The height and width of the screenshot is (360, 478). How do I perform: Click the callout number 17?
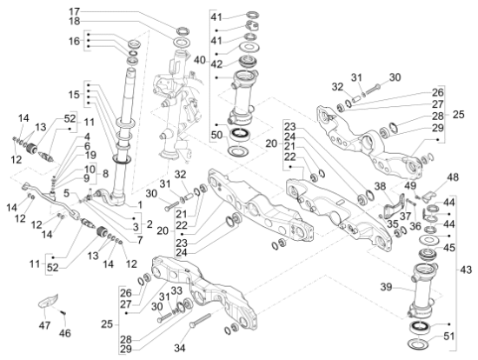(75, 12)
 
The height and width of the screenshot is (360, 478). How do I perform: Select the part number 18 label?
(75, 22)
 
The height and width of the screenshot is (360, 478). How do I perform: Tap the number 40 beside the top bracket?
(200, 60)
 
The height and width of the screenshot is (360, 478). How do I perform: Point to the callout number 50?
(217, 135)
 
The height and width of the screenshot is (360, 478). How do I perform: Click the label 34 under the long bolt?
(180, 348)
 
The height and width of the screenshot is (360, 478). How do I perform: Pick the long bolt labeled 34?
(200, 320)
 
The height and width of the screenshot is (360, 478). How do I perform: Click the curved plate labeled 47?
(48, 301)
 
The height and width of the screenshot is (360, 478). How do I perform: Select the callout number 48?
(453, 177)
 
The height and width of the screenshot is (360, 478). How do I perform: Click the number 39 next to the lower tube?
(386, 287)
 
